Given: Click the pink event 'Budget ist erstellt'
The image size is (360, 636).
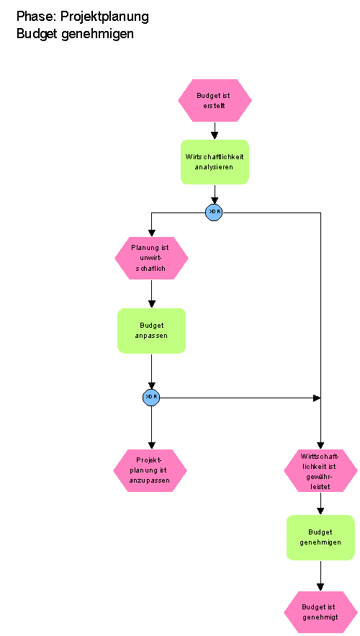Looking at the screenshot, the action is click(x=215, y=101).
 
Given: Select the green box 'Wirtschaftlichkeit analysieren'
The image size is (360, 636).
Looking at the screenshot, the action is click(x=215, y=162).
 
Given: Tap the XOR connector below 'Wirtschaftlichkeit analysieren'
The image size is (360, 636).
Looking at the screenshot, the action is click(x=214, y=212).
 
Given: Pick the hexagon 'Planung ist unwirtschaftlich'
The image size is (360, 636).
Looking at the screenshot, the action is click(x=152, y=258).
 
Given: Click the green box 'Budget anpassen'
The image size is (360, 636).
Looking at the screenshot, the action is click(x=152, y=331).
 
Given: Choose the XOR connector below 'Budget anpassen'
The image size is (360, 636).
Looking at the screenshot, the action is click(x=151, y=398).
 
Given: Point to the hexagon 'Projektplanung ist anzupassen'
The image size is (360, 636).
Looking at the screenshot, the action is click(x=150, y=470).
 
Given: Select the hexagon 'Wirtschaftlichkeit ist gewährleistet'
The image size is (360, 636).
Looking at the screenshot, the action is click(x=320, y=470).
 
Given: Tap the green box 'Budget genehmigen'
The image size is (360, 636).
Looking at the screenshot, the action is click(x=320, y=537).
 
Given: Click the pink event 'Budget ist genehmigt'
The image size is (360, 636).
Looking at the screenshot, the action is click(x=320, y=612).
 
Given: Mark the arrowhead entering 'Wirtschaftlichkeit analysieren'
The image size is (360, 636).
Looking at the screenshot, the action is click(x=215, y=136).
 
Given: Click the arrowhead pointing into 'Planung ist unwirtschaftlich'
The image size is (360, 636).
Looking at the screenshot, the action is click(x=152, y=233).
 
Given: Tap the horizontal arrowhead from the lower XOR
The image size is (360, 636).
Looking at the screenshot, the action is click(x=317, y=398).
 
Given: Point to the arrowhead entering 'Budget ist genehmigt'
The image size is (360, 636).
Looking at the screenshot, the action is click(x=320, y=587).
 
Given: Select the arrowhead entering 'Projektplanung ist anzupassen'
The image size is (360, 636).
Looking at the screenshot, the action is click(x=152, y=445).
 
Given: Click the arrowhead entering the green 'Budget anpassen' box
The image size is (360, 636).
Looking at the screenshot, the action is click(x=152, y=304).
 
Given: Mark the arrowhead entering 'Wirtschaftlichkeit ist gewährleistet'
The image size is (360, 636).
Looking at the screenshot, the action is click(x=320, y=445).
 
